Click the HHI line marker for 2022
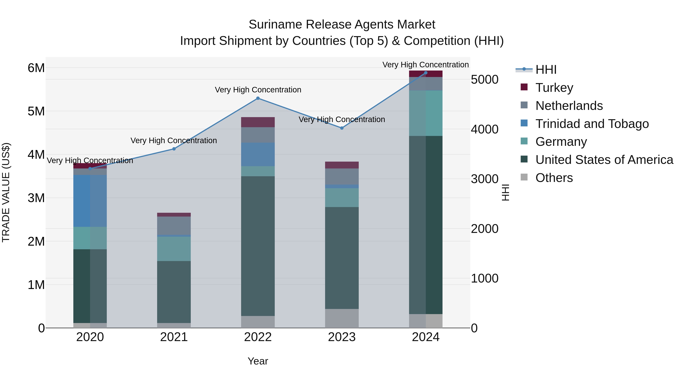tap(258, 98)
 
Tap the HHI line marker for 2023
tap(342, 128)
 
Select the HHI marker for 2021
tap(174, 149)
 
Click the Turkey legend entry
tap(554, 87)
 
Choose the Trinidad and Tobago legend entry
tap(592, 124)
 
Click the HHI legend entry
tap(546, 70)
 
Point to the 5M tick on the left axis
tap(36, 111)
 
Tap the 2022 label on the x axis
tap(258, 337)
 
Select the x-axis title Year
tap(258, 361)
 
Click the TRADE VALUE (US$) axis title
tap(6, 192)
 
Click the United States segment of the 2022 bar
tap(258, 246)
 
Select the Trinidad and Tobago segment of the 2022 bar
tap(258, 154)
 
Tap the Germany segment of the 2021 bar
tap(174, 249)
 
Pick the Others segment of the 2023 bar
tap(342, 318)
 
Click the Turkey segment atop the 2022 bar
tap(258, 122)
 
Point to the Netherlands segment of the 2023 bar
tap(342, 176)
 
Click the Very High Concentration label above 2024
tap(425, 65)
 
